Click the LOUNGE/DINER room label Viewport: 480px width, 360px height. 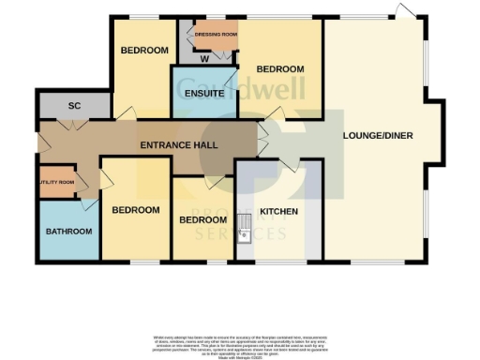point(378,135)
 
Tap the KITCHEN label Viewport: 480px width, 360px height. point(278,211)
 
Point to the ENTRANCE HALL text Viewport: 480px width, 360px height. point(179,145)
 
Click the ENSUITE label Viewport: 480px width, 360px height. point(202,94)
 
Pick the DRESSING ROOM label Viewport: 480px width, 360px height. point(212,34)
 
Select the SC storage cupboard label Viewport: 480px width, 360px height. point(74,107)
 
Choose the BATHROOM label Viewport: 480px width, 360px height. point(70,231)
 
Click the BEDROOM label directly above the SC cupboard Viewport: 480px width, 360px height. point(143,50)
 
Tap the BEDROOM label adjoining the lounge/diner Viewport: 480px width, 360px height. point(280,69)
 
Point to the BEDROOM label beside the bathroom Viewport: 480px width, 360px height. point(135,210)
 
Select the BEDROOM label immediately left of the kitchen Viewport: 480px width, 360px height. point(203,219)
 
